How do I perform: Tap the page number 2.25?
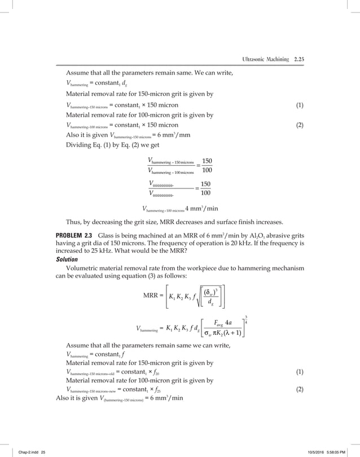coord(296,59)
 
